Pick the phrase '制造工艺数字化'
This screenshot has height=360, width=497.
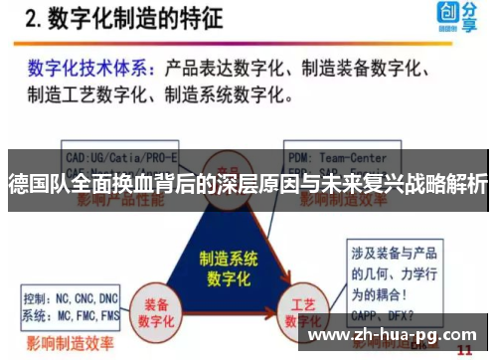pos(83,96)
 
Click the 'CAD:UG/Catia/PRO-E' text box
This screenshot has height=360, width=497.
pos(120,156)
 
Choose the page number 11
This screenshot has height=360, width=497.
pos(463,350)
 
